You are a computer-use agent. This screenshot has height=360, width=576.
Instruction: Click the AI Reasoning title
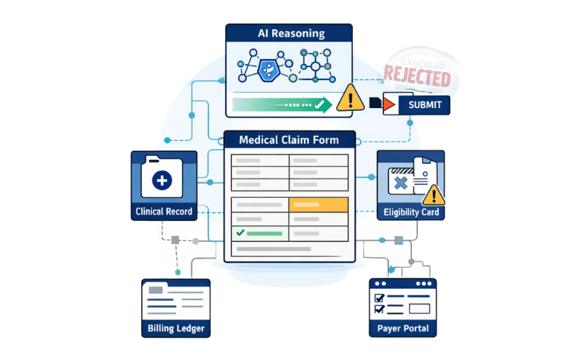[291, 33]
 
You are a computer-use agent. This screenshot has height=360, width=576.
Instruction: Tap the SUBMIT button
[425, 105]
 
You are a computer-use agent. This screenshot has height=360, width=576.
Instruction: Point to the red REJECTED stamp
[418, 75]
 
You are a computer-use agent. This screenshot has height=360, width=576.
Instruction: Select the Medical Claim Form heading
[291, 140]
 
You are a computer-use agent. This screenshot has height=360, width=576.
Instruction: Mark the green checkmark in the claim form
[239, 233]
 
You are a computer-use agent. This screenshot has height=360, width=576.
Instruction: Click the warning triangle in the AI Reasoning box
[351, 97]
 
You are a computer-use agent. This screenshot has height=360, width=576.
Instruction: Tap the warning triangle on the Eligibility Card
[433, 194]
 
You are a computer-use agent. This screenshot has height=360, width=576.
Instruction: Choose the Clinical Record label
[163, 212]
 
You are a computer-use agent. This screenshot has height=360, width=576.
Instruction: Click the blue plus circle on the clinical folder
[163, 179]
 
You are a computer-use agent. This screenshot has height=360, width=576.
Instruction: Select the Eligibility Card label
[411, 212]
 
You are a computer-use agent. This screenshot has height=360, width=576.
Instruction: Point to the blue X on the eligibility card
[400, 183]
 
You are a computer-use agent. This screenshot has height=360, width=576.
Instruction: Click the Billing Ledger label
[176, 329]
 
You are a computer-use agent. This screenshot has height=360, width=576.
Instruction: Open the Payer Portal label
[403, 329]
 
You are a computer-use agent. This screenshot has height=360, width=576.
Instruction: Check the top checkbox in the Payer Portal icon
[379, 297]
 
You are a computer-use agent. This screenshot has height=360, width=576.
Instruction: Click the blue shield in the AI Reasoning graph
[267, 68]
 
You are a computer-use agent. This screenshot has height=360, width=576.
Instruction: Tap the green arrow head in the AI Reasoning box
[325, 105]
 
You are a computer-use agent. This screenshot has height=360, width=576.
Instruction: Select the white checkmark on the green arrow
[314, 105]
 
